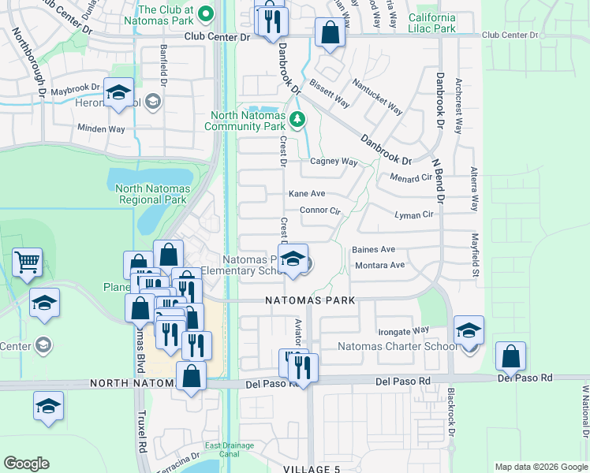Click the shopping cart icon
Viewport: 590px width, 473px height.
28,263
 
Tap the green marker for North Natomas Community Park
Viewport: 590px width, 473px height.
297,120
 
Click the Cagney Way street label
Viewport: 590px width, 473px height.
334,162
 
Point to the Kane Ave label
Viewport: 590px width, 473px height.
307,193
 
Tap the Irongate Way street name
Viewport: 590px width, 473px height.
402,330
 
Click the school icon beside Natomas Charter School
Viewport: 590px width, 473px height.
469,331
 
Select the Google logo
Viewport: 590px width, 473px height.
26,463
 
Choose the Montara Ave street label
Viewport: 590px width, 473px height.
379,265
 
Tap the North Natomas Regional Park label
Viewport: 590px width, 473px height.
151,194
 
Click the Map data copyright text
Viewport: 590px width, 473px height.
540,466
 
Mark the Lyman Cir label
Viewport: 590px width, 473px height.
414,214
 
